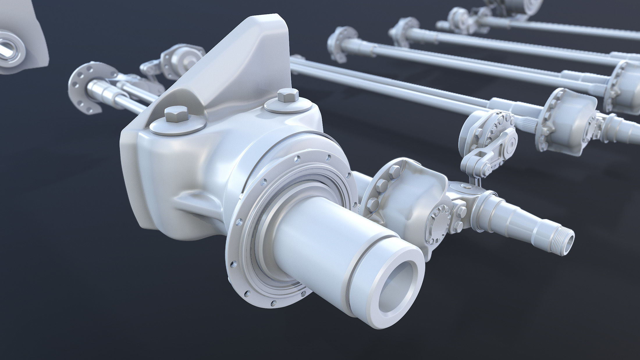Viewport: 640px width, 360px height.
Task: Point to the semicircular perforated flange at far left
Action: point(84,87)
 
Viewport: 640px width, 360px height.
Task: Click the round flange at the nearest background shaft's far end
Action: point(339,44)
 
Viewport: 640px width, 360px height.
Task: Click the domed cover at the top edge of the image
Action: point(532,4)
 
